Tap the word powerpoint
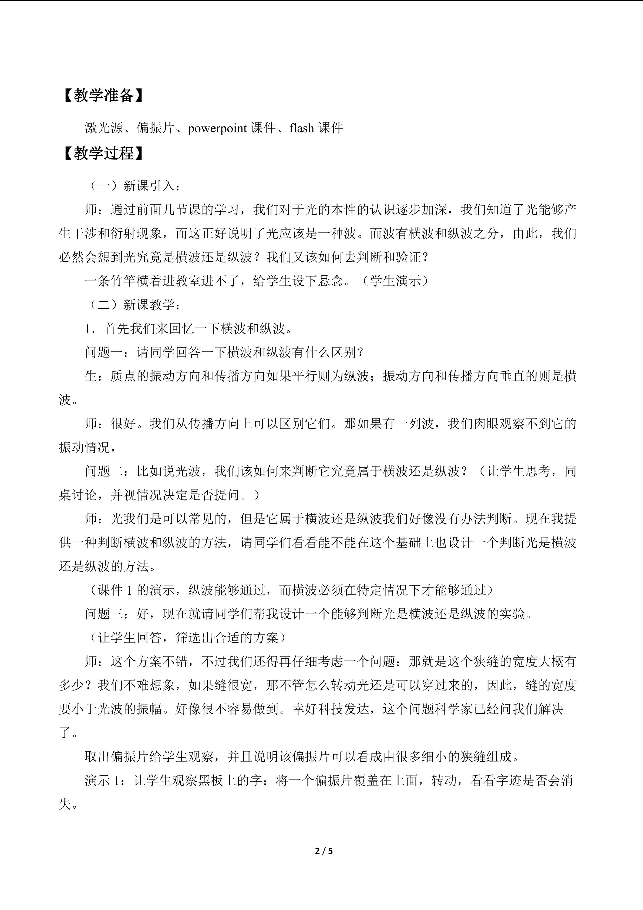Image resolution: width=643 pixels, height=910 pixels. click(217, 128)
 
